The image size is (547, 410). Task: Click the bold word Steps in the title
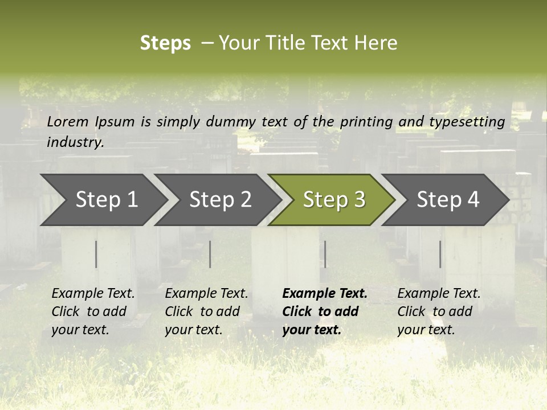pyautogui.click(x=165, y=43)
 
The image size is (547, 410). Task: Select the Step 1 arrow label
pyautogui.click(x=107, y=199)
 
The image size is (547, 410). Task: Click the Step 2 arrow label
pyautogui.click(x=221, y=199)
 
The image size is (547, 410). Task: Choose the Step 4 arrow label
pyautogui.click(x=448, y=199)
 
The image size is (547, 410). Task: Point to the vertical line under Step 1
pyautogui.click(x=96, y=254)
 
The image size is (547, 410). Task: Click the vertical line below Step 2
pyautogui.click(x=210, y=254)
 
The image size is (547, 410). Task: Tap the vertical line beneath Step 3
pyautogui.click(x=325, y=254)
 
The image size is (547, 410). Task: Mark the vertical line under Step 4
pyautogui.click(x=440, y=254)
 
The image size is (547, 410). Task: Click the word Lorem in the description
pyautogui.click(x=68, y=121)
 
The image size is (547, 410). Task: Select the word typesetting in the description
pyautogui.click(x=467, y=121)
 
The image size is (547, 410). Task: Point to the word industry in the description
pyautogui.click(x=75, y=142)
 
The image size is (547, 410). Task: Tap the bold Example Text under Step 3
pyautogui.click(x=325, y=294)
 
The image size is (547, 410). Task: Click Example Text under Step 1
pyautogui.click(x=93, y=294)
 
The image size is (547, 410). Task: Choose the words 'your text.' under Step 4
pyautogui.click(x=426, y=330)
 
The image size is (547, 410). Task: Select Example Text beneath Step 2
pyautogui.click(x=206, y=294)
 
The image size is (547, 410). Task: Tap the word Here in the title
pyautogui.click(x=375, y=43)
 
